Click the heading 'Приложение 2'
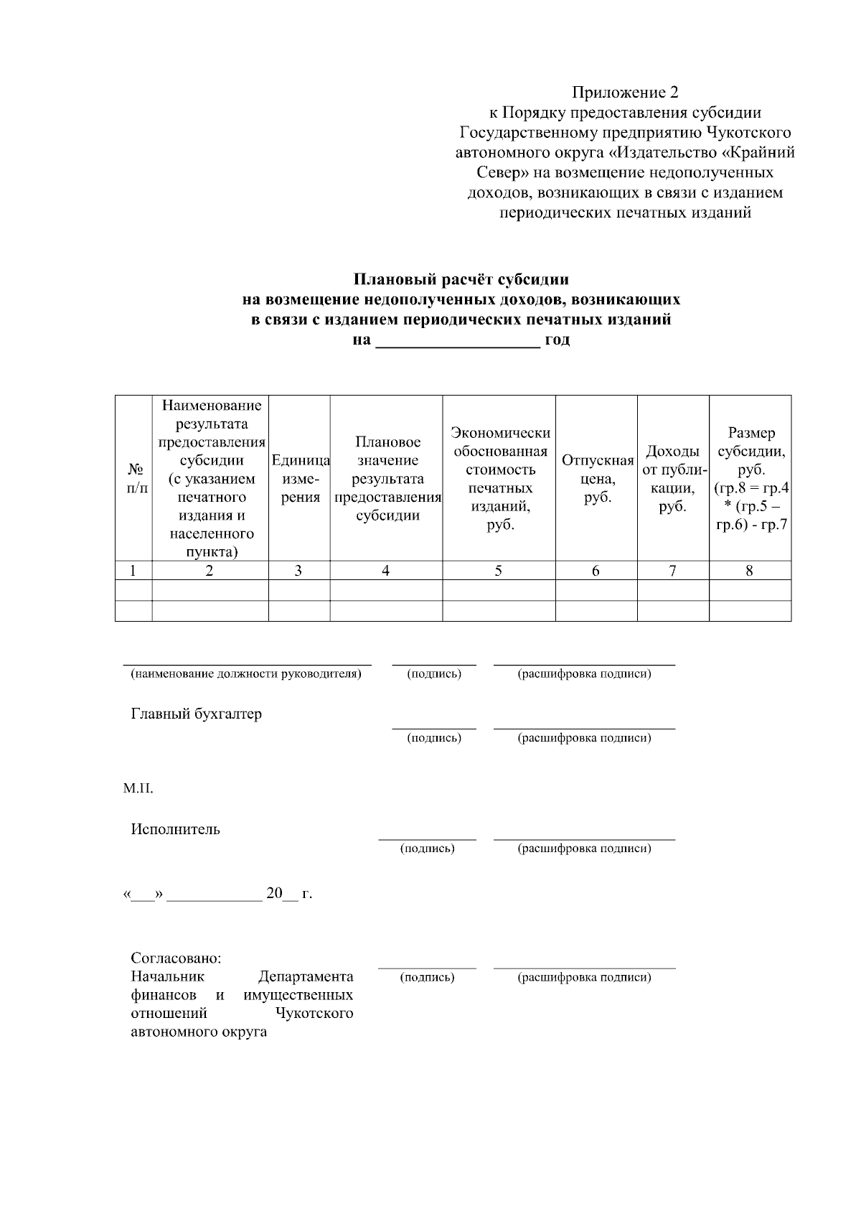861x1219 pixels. pyautogui.click(x=624, y=93)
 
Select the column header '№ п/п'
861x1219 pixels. pyautogui.click(x=133, y=478)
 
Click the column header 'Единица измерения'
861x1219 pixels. pyautogui.click(x=299, y=478)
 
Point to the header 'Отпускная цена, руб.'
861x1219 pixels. pyautogui.click(x=597, y=478)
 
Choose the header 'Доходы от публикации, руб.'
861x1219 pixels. pyautogui.click(x=673, y=478)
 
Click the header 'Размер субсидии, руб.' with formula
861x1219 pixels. pyautogui.click(x=751, y=478)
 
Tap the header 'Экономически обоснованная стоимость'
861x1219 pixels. pyautogui.click(x=499, y=478)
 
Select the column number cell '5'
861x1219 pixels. pyautogui.click(x=499, y=571)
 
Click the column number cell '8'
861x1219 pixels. pyautogui.click(x=750, y=571)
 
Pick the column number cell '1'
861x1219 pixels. pyautogui.click(x=133, y=571)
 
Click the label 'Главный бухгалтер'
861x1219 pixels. pyautogui.click(x=196, y=714)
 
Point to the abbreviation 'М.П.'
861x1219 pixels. pyautogui.click(x=138, y=789)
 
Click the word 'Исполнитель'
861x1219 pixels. pyautogui.click(x=175, y=829)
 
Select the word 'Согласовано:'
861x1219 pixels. pyautogui.click(x=176, y=958)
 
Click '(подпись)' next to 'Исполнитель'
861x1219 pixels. pyautogui.click(x=428, y=849)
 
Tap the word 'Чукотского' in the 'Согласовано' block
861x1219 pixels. pyautogui.click(x=314, y=1014)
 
